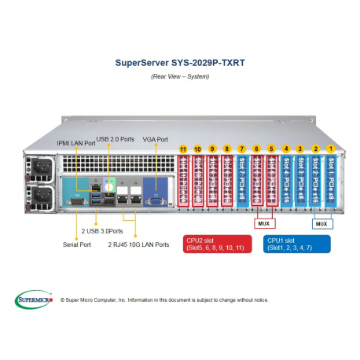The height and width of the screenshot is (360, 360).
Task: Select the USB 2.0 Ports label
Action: coord(116,139)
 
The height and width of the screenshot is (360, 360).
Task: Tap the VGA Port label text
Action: coord(156,139)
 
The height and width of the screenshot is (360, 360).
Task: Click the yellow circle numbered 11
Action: coord(183,149)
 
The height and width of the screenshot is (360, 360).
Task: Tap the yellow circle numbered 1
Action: coord(331,149)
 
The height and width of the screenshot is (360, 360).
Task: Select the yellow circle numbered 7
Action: coord(242,149)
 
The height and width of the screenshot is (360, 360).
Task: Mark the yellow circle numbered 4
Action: coord(286,149)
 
